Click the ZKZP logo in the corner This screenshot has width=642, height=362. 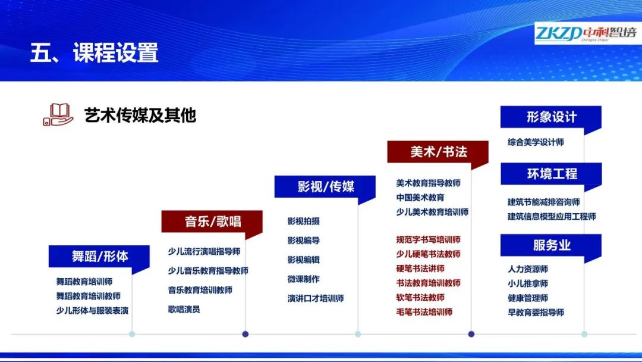click(587, 33)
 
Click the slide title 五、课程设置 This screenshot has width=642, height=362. click(94, 52)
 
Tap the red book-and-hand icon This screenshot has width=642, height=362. click(58, 115)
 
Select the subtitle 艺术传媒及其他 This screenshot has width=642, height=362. click(140, 116)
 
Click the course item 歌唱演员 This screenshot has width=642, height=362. click(184, 309)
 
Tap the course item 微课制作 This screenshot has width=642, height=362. click(303, 279)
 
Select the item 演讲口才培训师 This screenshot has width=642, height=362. click(316, 298)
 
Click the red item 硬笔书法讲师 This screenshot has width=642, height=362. click(420, 269)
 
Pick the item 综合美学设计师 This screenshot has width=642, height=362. click(536, 142)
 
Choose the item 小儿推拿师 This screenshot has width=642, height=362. click(528, 283)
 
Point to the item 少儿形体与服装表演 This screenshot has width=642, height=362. click(93, 311)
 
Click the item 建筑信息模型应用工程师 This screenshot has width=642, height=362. click(552, 217)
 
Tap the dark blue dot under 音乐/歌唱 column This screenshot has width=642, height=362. click(246, 334)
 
